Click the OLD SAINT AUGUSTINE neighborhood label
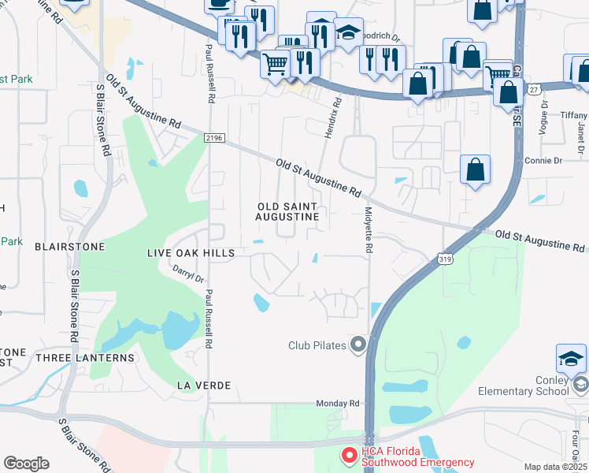pos(288,210)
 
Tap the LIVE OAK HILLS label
pos(191,252)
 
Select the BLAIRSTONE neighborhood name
pos(69,247)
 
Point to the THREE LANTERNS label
pos(85,357)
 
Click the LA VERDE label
pos(204,385)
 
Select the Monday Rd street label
pos(338,404)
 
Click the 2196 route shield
pos(213,138)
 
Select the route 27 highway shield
pos(535,90)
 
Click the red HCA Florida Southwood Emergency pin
pos(348,456)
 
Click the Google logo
pos(26,464)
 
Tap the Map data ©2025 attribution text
pos(554,467)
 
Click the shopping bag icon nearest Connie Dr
pos(475,170)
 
